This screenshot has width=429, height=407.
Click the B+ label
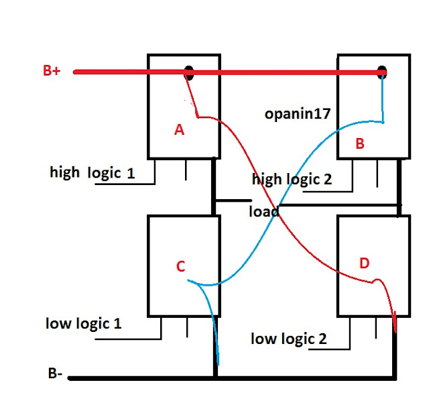point(52,71)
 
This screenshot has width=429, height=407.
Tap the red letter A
point(179,131)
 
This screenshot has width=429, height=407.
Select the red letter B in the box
point(360,143)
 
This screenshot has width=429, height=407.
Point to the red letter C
point(180,266)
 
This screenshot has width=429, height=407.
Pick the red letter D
point(365,263)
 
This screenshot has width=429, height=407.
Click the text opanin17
point(298,114)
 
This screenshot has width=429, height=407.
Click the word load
point(263,211)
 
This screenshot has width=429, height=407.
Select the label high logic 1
point(93,172)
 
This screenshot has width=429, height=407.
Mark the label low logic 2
point(288,339)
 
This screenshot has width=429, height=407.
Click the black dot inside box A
point(190,73)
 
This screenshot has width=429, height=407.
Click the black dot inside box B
point(382,72)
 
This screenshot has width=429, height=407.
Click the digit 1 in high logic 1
point(131,173)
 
